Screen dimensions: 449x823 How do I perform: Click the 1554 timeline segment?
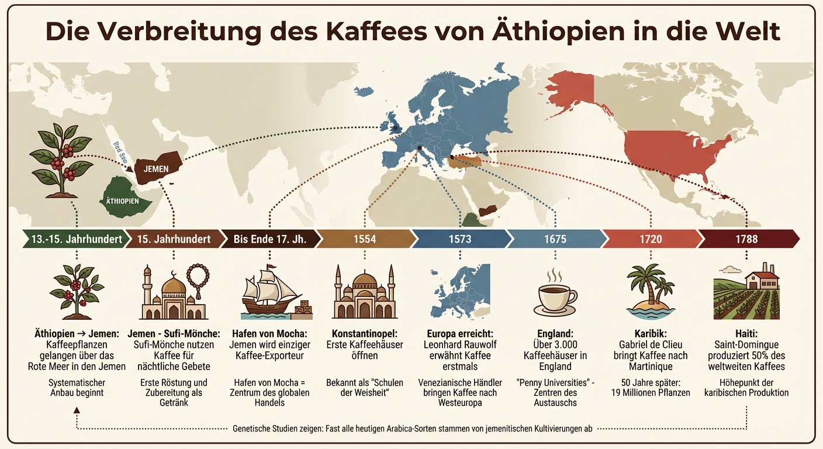pos(365,239)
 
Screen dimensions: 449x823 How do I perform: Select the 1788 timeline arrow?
pos(747,239)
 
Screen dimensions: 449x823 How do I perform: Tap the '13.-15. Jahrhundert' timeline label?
pos(74,239)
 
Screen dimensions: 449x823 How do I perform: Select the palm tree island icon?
pos(650,291)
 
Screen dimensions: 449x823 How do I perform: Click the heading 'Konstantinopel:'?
pos(365,333)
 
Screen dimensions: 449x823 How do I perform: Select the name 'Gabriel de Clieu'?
pos(651,344)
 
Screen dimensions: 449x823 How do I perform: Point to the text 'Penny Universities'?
pos(555,382)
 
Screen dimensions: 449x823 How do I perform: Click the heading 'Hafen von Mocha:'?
pos(269,333)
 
